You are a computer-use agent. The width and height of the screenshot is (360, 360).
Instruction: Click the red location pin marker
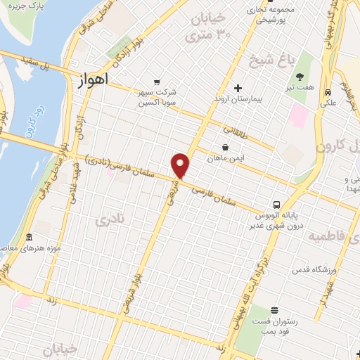pos(181,165)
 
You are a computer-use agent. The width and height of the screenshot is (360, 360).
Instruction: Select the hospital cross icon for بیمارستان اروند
pos(238,89)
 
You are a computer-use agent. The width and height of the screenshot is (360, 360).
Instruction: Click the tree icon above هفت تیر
pos(301,77)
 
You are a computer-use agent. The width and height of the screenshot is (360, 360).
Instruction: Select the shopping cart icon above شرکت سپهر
pos(156,81)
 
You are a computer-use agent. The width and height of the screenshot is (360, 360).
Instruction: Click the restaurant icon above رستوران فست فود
pos(274,309)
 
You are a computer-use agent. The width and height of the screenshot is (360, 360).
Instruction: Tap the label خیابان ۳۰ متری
pos(214,26)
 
